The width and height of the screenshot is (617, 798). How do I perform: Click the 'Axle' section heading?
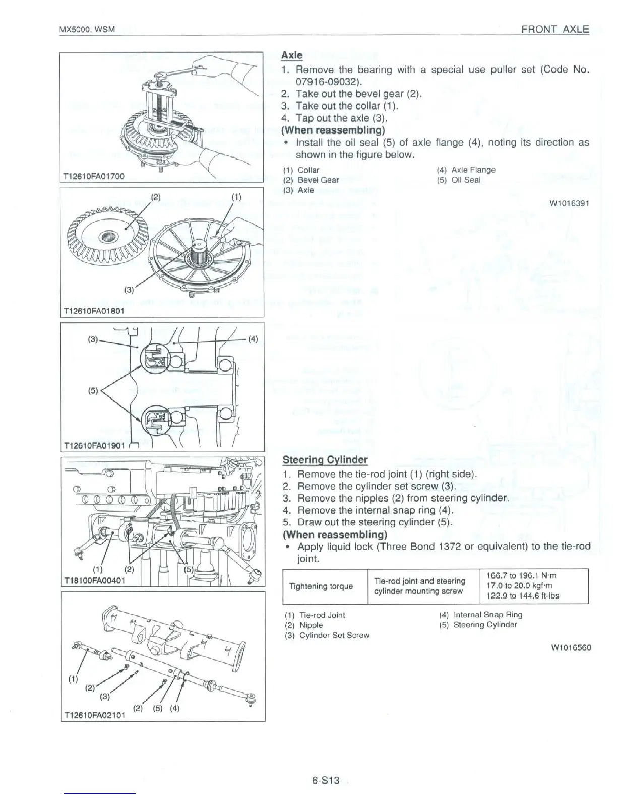tap(291, 55)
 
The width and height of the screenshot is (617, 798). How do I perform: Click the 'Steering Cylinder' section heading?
tap(325, 460)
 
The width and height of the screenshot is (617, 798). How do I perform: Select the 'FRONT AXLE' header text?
tap(555, 29)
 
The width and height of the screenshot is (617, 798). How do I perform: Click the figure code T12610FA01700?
tap(93, 176)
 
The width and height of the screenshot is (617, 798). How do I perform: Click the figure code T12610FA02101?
tap(94, 716)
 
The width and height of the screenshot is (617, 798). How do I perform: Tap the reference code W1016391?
tap(569, 203)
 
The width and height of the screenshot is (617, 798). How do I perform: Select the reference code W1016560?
tap(571, 647)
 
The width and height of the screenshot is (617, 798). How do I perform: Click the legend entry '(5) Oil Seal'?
tap(459, 180)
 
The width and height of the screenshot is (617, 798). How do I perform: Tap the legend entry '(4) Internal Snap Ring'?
tap(481, 615)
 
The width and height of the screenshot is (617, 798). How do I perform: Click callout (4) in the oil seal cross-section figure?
tap(253, 339)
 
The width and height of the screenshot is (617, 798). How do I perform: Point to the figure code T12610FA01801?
tap(93, 311)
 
